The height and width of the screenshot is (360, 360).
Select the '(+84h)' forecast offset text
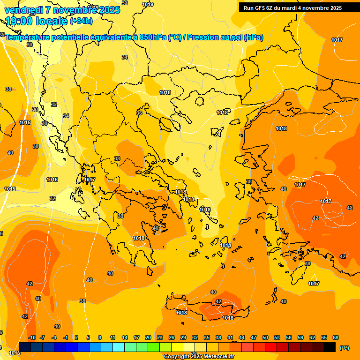pos(81,21)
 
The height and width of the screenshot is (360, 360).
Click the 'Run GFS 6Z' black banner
pos(292,7)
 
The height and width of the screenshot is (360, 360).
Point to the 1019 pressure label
pos(148,4)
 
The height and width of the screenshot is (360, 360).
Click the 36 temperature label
pos(139,113)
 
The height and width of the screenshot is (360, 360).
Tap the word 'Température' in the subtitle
pos(29,37)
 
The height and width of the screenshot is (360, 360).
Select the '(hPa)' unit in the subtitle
pos(253,37)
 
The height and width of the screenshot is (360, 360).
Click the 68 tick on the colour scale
pos(336,337)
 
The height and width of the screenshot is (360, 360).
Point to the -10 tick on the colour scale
pos(32,337)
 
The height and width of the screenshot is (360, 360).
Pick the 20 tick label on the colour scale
pos(148,337)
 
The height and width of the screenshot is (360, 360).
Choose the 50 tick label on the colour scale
pos(265,337)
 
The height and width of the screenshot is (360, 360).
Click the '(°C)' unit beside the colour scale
pos(344,347)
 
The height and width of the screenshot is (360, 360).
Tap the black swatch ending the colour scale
pos(330,347)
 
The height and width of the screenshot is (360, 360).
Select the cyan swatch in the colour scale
pos(119,347)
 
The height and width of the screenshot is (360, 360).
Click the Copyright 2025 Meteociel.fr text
pos(199,356)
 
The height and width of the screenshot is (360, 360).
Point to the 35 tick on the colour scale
pos(207,337)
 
